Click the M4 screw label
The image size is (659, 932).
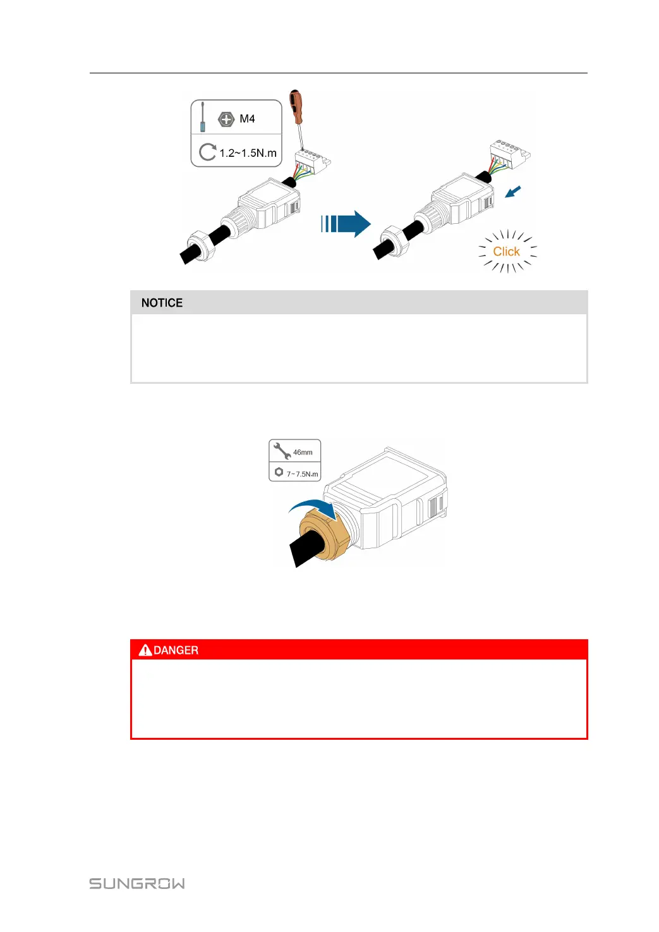247,119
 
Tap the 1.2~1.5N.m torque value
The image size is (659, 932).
248,153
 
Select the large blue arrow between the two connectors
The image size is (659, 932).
346,224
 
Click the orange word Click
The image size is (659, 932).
506,252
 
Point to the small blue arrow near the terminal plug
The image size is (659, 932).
514,191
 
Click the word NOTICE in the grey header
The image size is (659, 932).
162,303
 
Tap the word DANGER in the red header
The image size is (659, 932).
176,650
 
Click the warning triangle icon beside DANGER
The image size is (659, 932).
145,650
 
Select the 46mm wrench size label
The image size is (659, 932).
303,452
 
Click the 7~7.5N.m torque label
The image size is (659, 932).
302,474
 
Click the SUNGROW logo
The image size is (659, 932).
137,883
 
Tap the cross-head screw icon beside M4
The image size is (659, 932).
226,119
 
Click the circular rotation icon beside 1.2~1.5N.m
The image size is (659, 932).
207,152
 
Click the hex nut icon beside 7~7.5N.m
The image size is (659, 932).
279,472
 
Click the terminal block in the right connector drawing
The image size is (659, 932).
510,154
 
